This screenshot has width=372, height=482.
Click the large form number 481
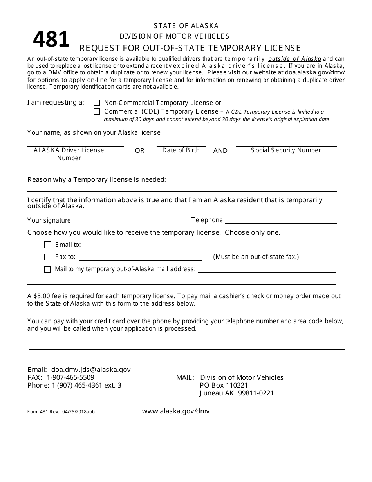tap(51, 40)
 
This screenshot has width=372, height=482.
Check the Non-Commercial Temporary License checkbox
tap(97, 103)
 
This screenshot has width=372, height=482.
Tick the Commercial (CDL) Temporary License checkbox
tap(97, 112)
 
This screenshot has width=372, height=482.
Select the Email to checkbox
tap(48, 245)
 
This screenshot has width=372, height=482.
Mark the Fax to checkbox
tap(48, 257)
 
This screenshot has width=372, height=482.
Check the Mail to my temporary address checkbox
tap(48, 270)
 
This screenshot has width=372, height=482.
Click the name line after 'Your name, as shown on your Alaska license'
tap(251, 133)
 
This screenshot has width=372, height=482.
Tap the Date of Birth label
tap(181, 150)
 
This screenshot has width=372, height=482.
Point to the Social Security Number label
tap(286, 150)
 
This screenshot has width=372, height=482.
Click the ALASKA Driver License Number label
tap(69, 154)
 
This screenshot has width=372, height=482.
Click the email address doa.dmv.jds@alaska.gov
tap(91, 370)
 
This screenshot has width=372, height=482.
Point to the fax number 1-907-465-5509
tap(70, 377)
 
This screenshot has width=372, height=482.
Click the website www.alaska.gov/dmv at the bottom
tap(176, 411)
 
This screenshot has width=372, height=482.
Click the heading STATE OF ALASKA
tap(186, 26)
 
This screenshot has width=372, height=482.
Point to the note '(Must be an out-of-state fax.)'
tap(256, 257)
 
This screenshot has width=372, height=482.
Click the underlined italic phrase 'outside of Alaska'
tap(295, 59)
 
